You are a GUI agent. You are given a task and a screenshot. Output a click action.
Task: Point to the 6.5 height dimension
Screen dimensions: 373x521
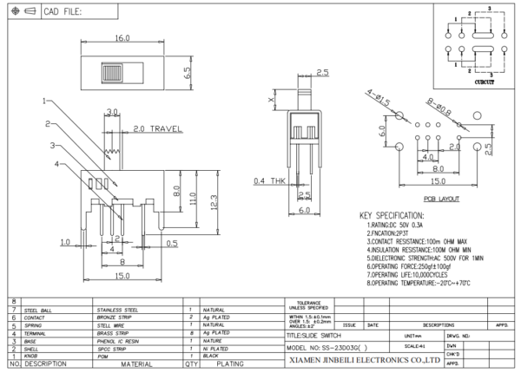186,73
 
